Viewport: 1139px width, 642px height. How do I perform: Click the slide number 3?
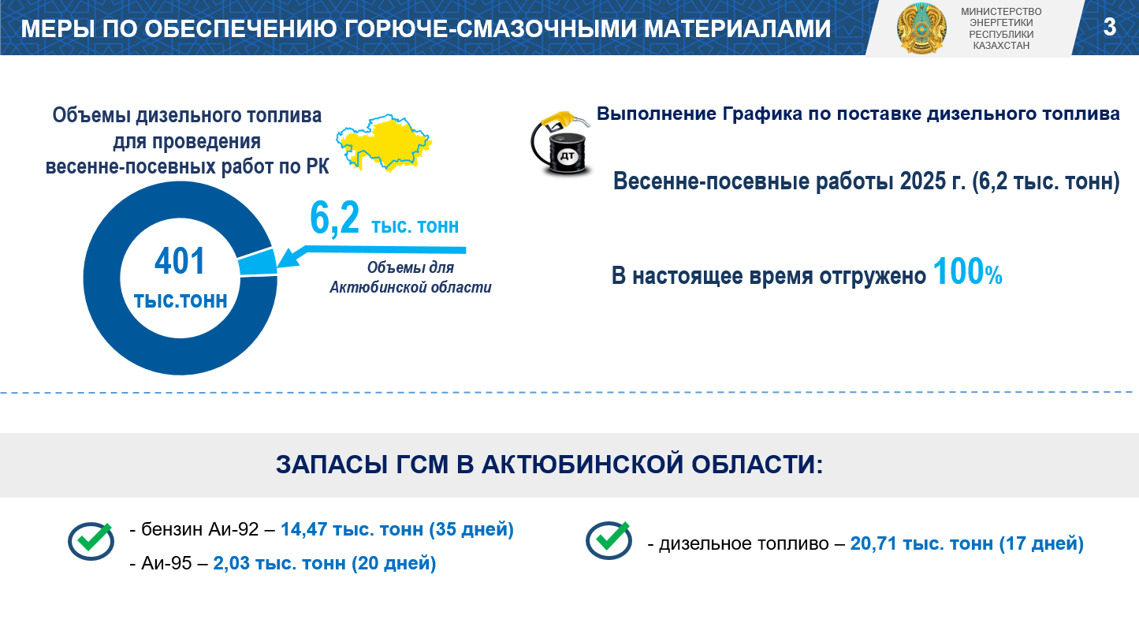pyautogui.click(x=1110, y=27)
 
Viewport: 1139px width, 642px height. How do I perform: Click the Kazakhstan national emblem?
pyautogui.click(x=921, y=28)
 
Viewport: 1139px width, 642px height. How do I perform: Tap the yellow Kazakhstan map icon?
pyautogui.click(x=384, y=143)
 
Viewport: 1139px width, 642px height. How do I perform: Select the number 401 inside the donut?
pyautogui.click(x=180, y=262)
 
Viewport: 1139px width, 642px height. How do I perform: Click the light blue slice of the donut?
pyautogui.click(x=258, y=263)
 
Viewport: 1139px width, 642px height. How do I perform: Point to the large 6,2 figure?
pyautogui.click(x=334, y=218)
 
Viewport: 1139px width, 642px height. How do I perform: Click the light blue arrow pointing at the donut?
pyautogui.click(x=371, y=255)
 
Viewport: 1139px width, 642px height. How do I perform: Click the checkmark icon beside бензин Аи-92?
pyautogui.click(x=91, y=541)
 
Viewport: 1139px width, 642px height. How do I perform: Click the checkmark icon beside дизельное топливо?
pyautogui.click(x=609, y=540)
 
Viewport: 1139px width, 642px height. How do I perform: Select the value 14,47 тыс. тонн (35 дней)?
pyautogui.click(x=397, y=529)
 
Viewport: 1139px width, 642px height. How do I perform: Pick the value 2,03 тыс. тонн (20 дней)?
pyautogui.click(x=325, y=563)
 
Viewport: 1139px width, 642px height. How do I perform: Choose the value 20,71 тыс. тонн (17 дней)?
pyautogui.click(x=967, y=544)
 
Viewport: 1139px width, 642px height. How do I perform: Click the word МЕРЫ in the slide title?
pyautogui.click(x=58, y=28)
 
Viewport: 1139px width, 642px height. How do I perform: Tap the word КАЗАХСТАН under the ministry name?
pyautogui.click(x=1001, y=46)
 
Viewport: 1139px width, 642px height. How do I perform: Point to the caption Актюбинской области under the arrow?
pyautogui.click(x=411, y=287)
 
